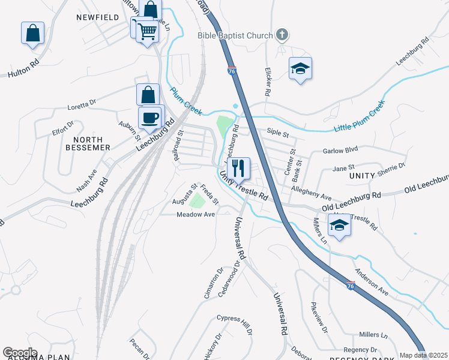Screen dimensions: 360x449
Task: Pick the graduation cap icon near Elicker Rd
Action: pos(300,68)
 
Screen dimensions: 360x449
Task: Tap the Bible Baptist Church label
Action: pos(235,35)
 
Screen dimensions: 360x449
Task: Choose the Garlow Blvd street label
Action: pos(340,151)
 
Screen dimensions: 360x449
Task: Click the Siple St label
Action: pos(278,135)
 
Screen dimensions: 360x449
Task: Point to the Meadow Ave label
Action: pos(195,214)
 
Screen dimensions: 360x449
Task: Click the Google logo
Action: pos(20,353)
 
